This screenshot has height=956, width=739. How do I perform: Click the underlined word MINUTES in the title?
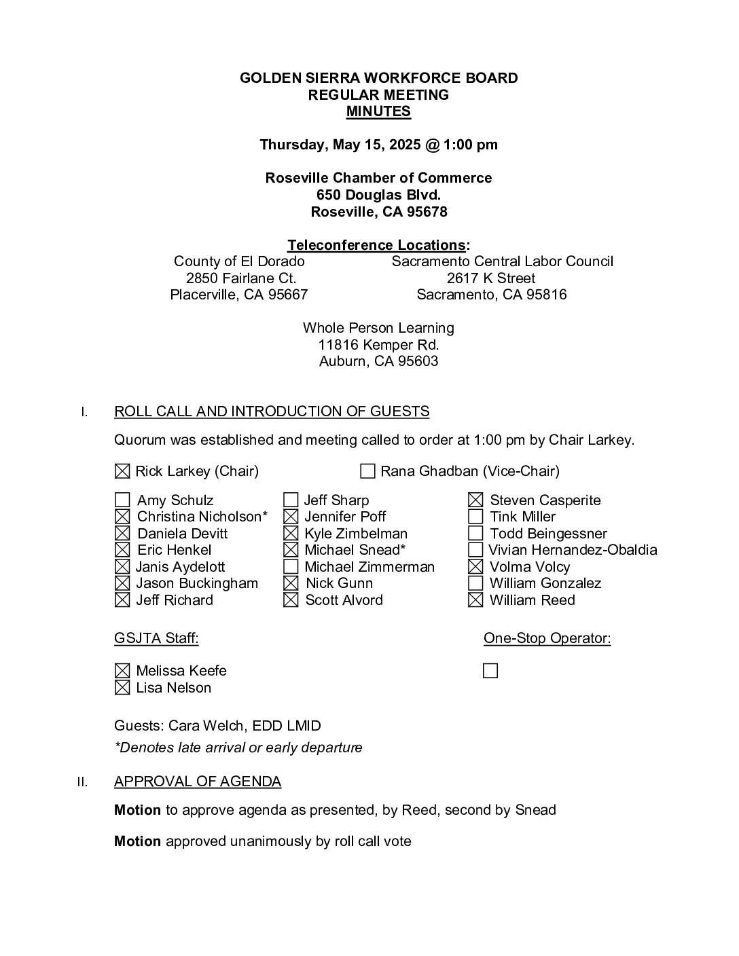(378, 112)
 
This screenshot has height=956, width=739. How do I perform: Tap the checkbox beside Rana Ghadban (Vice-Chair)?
(367, 471)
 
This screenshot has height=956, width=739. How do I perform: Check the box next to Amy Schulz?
(122, 501)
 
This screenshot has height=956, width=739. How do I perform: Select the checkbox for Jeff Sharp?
(291, 501)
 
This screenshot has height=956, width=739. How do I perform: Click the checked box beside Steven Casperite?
(475, 501)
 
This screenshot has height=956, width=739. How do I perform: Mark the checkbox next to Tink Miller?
(475, 517)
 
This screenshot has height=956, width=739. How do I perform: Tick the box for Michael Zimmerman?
(291, 567)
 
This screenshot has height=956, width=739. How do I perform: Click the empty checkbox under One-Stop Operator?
(490, 672)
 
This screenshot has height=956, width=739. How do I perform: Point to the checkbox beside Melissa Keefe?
(122, 672)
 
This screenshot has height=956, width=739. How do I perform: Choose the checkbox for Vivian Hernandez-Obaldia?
(475, 550)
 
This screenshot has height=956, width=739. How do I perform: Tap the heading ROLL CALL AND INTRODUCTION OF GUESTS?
(272, 411)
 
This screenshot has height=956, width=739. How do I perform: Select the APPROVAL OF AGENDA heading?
(198, 782)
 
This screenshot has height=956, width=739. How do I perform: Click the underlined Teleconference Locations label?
(376, 245)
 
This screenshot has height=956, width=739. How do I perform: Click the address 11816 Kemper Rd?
(378, 345)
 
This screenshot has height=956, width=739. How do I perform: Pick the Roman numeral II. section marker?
(82, 782)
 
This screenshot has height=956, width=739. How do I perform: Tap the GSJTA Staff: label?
(156, 638)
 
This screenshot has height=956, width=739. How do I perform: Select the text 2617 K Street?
(491, 278)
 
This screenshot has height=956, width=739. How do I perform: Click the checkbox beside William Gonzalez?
(475, 583)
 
